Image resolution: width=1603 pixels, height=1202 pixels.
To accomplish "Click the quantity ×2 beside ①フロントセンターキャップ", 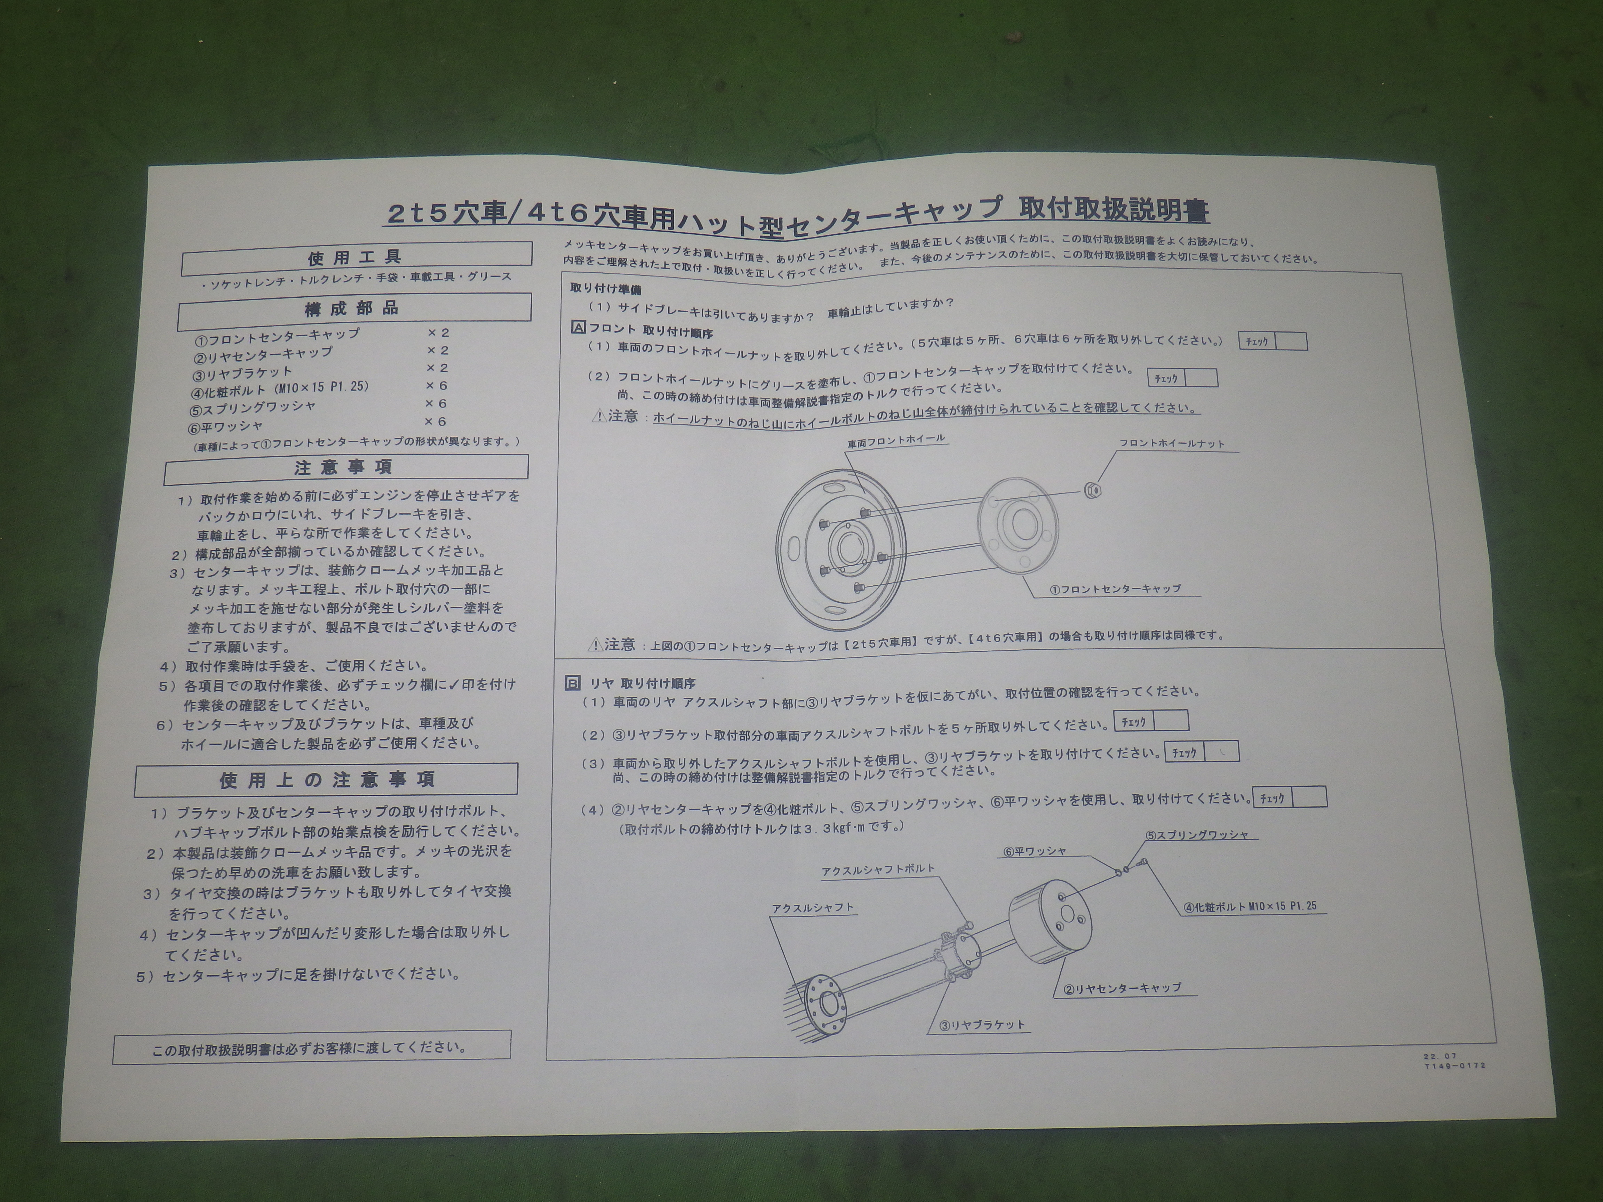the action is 438,332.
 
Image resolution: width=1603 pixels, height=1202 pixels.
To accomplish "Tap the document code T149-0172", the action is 1454,1066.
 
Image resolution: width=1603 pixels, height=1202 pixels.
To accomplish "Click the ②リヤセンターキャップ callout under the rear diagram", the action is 1122,988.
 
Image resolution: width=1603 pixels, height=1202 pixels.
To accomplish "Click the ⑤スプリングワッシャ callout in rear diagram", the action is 1197,835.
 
